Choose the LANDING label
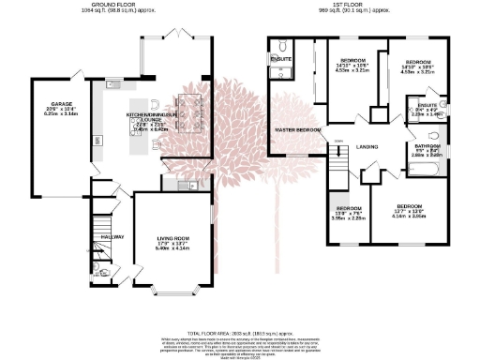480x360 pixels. click(367, 145)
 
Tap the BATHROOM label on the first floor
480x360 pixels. click(427, 144)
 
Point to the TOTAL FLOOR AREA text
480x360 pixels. click(240, 332)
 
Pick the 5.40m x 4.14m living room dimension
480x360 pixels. click(172, 249)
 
